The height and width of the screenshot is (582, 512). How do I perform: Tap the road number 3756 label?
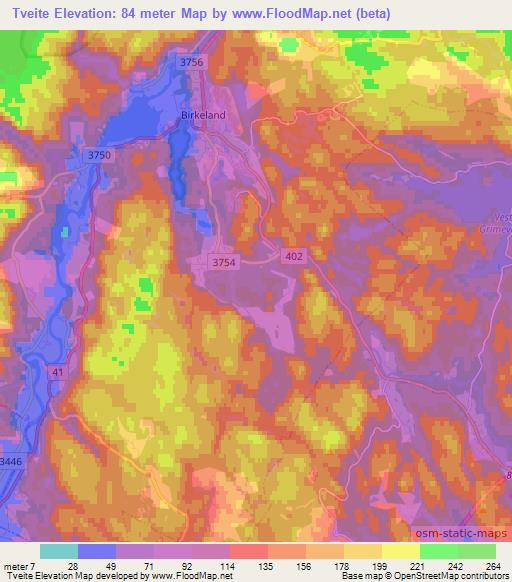[192, 62]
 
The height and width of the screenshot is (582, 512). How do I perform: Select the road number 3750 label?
[100, 156]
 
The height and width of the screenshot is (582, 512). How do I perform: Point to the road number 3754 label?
[224, 261]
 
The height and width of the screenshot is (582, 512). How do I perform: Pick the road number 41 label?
[56, 371]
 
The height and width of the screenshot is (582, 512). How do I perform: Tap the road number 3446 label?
[9, 461]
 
